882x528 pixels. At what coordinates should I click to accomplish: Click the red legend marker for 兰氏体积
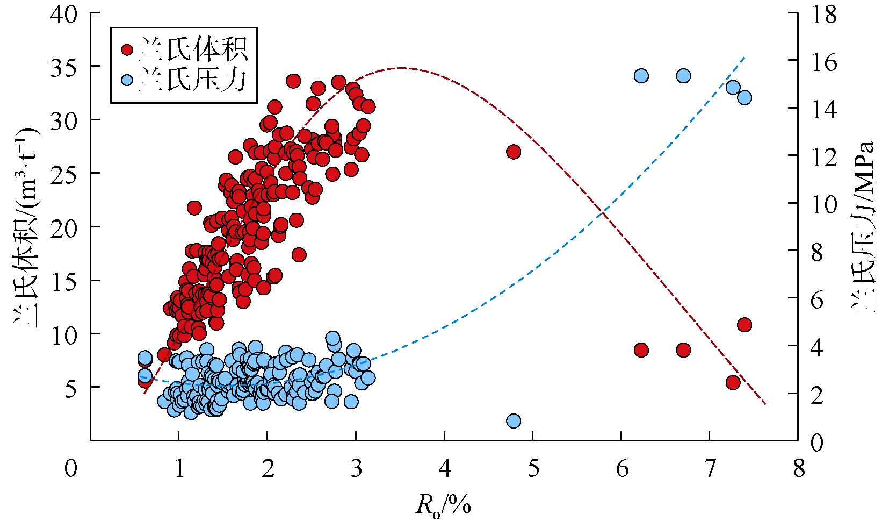click(127, 49)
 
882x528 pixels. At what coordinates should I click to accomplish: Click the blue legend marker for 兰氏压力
click(127, 81)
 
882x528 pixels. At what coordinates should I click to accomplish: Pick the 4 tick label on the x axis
click(444, 468)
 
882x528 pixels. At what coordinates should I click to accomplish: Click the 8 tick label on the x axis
click(799, 468)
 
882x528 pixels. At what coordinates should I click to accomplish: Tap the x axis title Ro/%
click(444, 505)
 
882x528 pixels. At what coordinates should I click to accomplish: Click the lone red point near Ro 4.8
click(514, 152)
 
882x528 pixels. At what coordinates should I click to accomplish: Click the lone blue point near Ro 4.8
click(514, 420)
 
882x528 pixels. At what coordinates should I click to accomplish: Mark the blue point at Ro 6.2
click(641, 76)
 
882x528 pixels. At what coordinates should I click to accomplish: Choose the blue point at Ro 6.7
click(683, 76)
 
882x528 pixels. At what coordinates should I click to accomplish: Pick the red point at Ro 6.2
click(641, 350)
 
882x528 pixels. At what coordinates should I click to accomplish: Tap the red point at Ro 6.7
click(683, 350)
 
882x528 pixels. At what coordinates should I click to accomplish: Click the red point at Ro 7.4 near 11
click(744, 325)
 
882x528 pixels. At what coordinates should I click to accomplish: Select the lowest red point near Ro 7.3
click(733, 382)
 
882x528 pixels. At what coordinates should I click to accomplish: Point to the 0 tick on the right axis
click(816, 443)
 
